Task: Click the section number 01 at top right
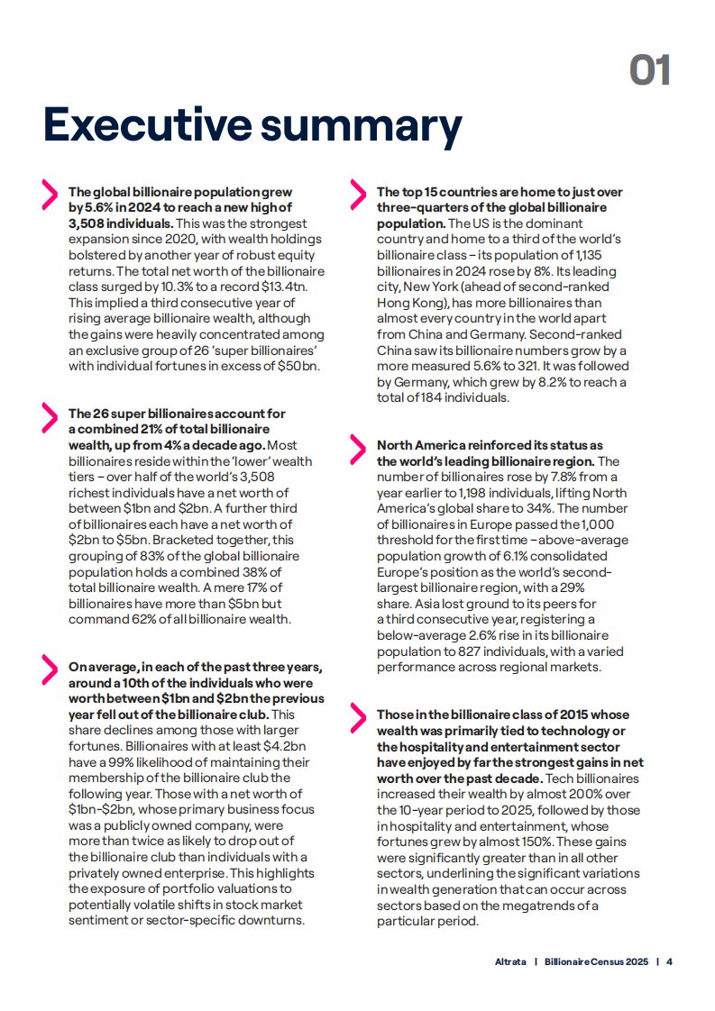point(649,70)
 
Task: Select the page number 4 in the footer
point(669,961)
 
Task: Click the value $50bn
point(300,366)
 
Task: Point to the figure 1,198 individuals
point(485,493)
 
